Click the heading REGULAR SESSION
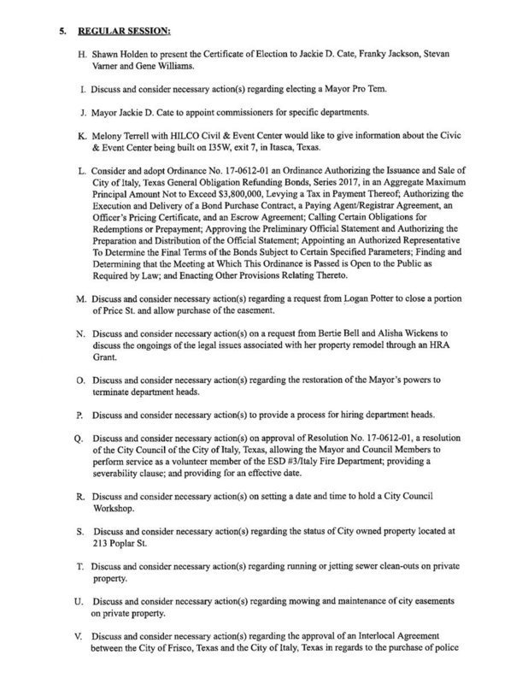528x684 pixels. tap(126, 33)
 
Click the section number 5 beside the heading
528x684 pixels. tap(60, 33)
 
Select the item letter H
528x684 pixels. tap(79, 56)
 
